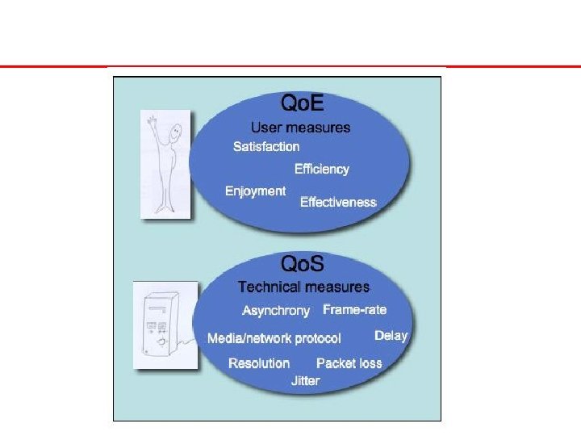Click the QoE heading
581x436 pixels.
pos(302,104)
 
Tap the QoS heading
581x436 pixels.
pos(302,264)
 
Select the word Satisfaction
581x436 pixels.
pos(266,146)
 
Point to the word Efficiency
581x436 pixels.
pos(321,169)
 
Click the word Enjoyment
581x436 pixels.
pos(255,191)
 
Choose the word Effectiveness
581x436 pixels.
pos(338,202)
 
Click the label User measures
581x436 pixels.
pos(300,127)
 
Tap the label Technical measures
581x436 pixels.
pos(303,287)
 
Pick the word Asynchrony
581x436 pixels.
pos(275,311)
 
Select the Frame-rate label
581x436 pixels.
pos(354,309)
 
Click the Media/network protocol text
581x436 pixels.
pos(274,338)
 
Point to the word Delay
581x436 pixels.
pos(391,335)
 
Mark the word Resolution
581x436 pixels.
pos(259,363)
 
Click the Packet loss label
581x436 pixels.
pos(349,363)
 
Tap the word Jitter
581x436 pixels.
pos(305,380)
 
